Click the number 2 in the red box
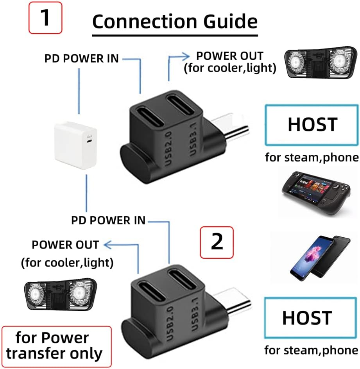tap(217, 242)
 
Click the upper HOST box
tap(312, 125)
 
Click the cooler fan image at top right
tap(321, 64)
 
